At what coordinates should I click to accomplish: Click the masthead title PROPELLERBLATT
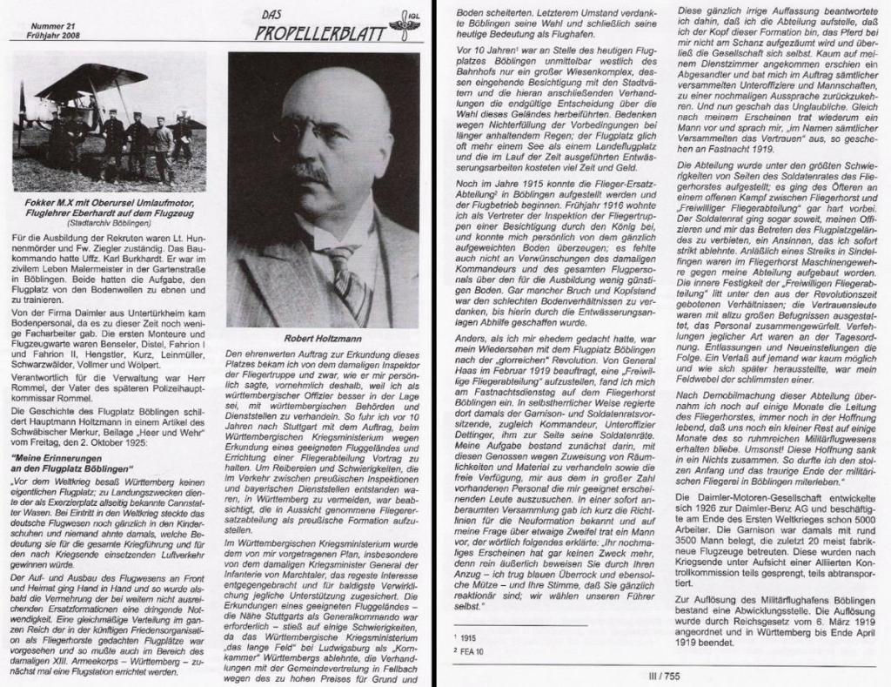click(x=323, y=34)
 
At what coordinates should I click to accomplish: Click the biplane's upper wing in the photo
click(x=87, y=83)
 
